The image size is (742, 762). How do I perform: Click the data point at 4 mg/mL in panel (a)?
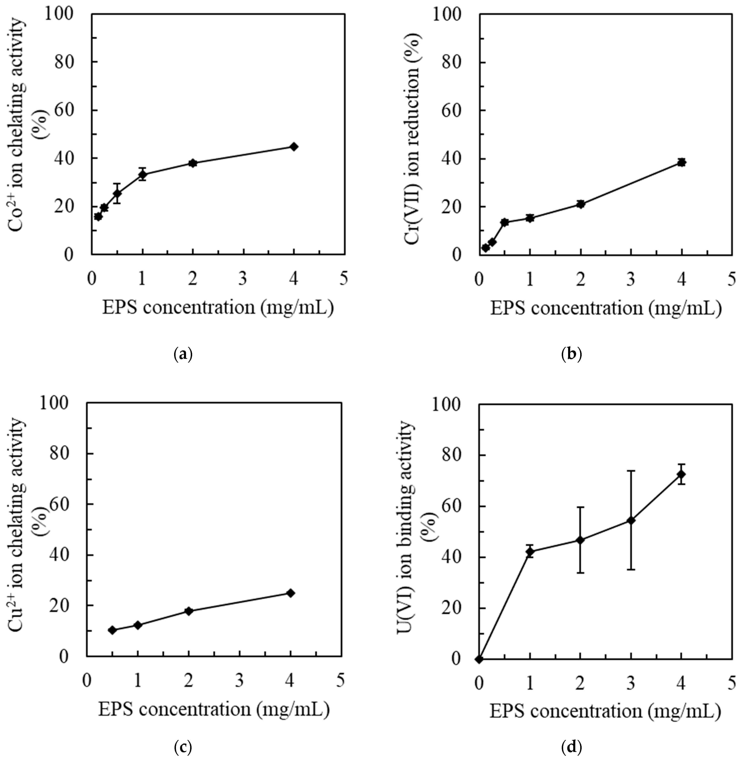click(294, 147)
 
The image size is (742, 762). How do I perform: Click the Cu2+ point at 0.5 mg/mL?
click(112, 630)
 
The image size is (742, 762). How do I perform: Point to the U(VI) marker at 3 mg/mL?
click(631, 520)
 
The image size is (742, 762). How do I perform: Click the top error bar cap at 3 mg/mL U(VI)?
click(631, 471)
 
